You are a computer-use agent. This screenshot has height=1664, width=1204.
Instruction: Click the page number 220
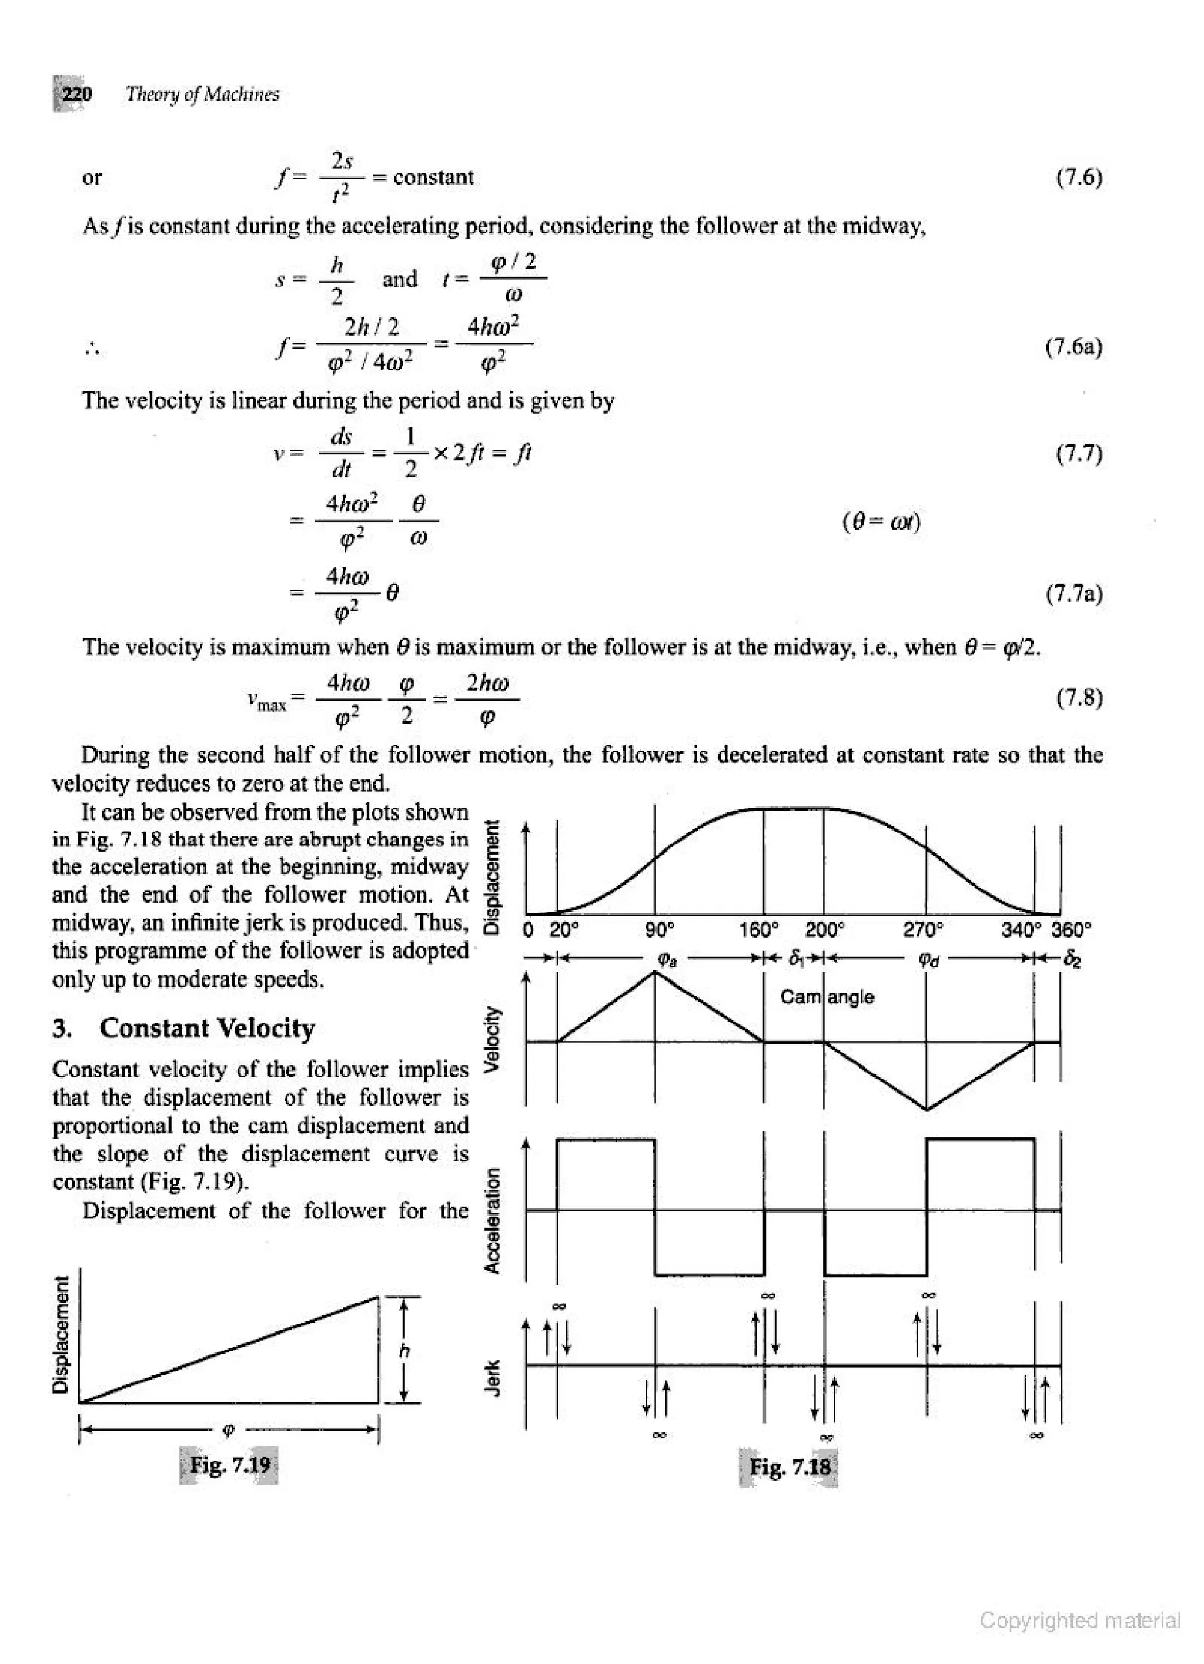coord(76,95)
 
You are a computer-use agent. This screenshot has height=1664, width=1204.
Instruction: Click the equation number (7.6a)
coord(1073,346)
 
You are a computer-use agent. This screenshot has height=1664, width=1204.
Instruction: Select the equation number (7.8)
coord(1079,697)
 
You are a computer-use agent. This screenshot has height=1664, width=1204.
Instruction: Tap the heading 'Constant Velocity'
coord(207,1029)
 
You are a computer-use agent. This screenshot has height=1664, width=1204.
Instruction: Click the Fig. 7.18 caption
coord(790,1467)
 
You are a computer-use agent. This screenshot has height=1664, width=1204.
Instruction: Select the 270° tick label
coord(922,930)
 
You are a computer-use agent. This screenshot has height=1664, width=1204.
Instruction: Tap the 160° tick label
coord(758,930)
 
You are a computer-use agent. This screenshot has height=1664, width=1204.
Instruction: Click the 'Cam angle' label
coord(827,997)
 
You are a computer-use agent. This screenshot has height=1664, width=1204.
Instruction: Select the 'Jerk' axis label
coord(494,1377)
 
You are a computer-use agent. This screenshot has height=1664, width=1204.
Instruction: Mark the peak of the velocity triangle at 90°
coord(655,972)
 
